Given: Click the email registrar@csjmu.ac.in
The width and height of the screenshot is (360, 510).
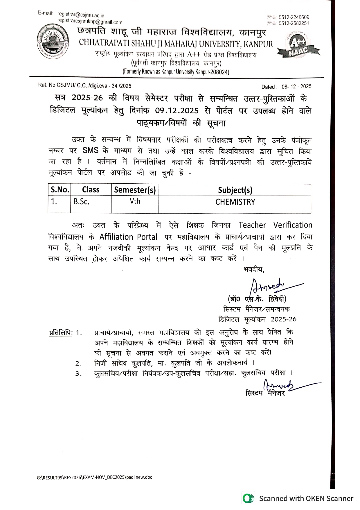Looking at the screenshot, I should [x=81, y=15].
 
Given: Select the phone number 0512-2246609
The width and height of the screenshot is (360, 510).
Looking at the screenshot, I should [x=294, y=17].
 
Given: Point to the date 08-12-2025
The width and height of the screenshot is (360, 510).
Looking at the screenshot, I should [x=296, y=87].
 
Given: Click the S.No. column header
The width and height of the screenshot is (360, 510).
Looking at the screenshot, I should [x=60, y=190].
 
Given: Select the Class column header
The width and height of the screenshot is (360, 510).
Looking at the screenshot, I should [x=91, y=190].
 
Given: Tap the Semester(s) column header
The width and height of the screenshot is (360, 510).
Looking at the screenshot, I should [x=135, y=190].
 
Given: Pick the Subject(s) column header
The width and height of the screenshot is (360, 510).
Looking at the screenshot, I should [x=235, y=190].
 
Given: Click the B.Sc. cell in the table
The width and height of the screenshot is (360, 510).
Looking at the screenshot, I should [x=81, y=202].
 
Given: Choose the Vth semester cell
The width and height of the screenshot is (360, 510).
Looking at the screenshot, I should [x=135, y=201].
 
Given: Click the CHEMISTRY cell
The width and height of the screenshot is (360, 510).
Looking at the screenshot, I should [x=235, y=202].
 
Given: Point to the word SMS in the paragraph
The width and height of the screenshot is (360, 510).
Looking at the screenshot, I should [x=91, y=151].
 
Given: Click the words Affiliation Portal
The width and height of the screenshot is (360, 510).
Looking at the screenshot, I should [x=128, y=237].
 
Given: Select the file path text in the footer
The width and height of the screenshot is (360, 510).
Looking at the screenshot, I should [x=95, y=477].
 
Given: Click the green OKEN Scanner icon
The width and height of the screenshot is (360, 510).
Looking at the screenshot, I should [x=248, y=499].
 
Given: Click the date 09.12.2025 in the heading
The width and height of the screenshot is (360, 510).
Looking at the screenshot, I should [x=177, y=111].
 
